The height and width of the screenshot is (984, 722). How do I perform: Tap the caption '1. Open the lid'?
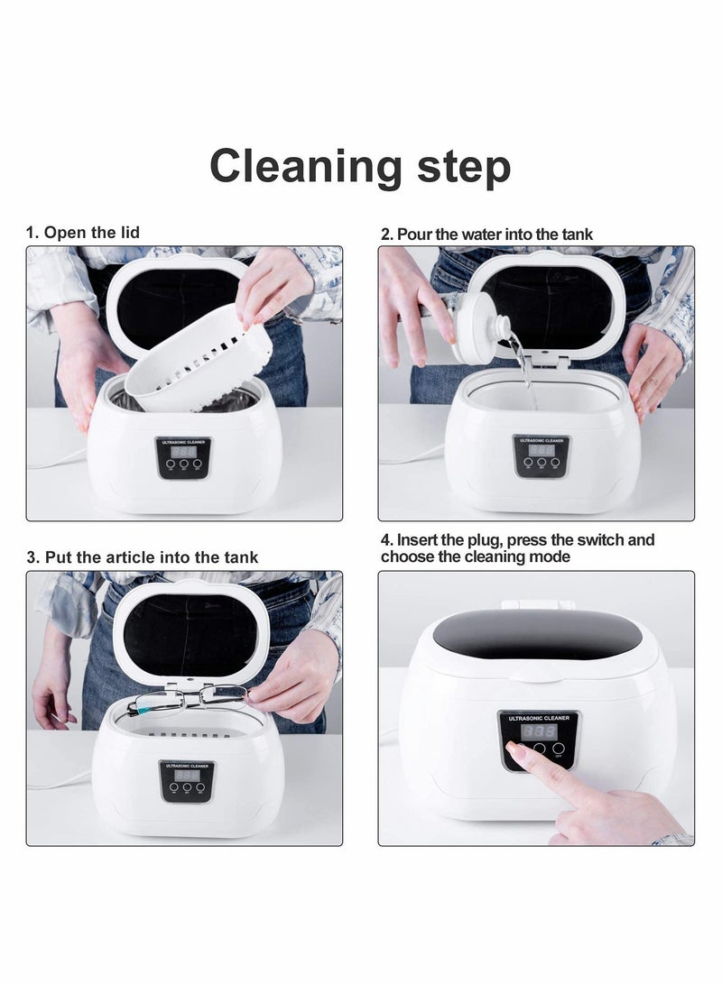tap(82, 233)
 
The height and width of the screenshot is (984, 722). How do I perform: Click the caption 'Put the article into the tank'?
tap(151, 557)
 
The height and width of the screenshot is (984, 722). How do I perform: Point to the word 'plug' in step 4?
tap(486, 540)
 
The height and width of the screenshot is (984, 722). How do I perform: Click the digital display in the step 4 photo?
tap(538, 731)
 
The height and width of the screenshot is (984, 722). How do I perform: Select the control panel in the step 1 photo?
tap(184, 458)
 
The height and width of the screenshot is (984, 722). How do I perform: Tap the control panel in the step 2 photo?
tap(541, 455)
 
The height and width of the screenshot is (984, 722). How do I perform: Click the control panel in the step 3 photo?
tap(187, 781)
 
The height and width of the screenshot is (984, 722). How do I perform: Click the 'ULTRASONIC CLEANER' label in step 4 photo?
tap(538, 718)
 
